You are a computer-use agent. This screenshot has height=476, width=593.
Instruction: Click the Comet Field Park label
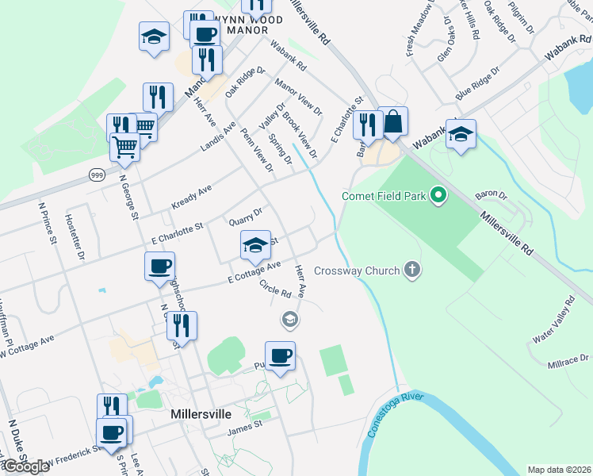click(x=384, y=196)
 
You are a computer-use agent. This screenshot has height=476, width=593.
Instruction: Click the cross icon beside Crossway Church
click(x=411, y=271)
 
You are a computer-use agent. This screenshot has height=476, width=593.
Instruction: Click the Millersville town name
click(x=201, y=414)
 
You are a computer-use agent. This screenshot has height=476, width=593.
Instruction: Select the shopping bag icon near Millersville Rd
click(x=392, y=123)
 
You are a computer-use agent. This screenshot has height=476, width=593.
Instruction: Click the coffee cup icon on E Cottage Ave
click(x=159, y=266)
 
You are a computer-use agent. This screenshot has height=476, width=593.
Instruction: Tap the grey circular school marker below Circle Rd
click(x=289, y=319)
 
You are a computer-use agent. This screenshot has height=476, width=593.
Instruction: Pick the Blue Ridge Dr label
click(x=477, y=84)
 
